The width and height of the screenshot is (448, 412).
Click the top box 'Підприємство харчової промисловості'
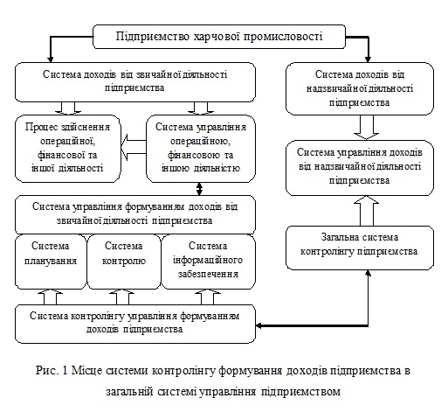tap(219, 37)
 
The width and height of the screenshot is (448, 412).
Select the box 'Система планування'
tap(51, 262)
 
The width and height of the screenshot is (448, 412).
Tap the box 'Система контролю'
tap(124, 262)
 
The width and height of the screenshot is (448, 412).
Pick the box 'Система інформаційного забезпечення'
tap(208, 262)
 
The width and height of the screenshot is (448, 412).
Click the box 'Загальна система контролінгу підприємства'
tap(360, 248)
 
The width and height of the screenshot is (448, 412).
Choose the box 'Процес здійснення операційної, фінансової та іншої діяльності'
tap(68, 149)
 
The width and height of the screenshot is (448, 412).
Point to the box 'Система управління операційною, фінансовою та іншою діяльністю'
tap(201, 149)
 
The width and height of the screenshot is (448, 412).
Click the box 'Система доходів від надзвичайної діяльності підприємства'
tap(360, 88)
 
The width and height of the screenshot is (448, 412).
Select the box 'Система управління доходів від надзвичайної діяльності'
tap(360, 168)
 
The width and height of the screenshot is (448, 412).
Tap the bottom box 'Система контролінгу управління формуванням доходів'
tap(135, 324)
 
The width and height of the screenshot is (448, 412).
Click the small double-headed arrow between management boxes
tap(199, 189)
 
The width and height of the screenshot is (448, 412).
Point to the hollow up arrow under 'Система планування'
tap(51, 297)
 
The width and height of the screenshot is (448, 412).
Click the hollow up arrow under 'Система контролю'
tap(121, 297)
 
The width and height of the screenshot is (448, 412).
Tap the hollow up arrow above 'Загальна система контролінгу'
tap(367, 211)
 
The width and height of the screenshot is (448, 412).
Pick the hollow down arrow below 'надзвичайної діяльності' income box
tap(367, 128)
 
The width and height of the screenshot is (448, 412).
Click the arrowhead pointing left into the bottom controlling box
tap(258, 325)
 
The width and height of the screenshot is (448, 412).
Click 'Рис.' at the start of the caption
tap(46, 371)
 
